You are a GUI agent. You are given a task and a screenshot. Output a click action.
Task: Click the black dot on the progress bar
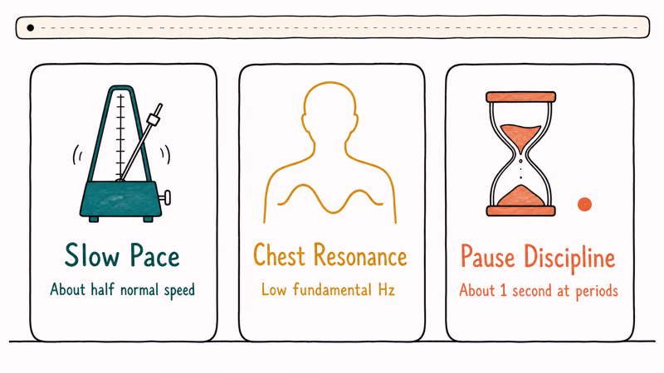coord(30,28)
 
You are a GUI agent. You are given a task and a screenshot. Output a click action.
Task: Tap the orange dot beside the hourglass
coord(584,204)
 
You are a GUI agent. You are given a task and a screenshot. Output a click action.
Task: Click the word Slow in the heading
coord(92,255)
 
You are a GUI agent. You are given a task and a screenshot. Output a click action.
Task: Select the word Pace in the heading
coord(154,255)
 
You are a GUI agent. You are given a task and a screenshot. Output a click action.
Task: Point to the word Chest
coord(279,255)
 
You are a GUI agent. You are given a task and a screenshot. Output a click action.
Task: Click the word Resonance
coord(360,255)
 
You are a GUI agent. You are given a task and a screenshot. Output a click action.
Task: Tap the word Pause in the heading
coord(487,256)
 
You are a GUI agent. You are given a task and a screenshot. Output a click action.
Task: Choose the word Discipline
coord(569,259)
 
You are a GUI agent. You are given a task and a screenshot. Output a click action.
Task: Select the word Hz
coord(386,290)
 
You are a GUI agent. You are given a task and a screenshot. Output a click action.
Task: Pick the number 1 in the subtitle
coord(503,291)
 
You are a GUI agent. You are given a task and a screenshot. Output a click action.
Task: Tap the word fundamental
coord(333,290)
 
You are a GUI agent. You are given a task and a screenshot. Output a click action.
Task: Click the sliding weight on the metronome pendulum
coord(153,119)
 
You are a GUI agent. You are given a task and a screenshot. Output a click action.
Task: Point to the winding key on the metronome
coord(165,197)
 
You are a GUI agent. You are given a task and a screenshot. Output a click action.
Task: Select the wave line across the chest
coord(330,199)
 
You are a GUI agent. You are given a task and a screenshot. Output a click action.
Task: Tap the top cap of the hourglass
coord(521,97)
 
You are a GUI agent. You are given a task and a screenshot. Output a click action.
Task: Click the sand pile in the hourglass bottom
coord(521,196)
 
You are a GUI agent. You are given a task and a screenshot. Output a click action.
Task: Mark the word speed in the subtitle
coord(179,291)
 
